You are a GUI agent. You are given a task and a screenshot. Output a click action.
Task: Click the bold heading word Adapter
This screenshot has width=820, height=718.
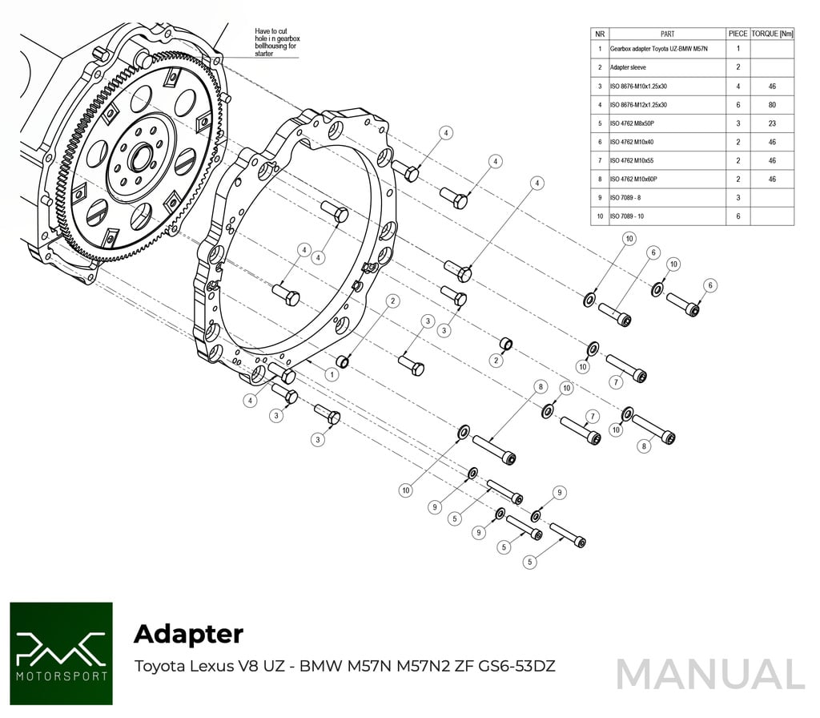click(x=188, y=634)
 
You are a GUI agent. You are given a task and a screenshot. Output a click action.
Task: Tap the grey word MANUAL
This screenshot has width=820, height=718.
click(x=710, y=674)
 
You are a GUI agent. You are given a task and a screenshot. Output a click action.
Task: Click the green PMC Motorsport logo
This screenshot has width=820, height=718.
click(x=61, y=654)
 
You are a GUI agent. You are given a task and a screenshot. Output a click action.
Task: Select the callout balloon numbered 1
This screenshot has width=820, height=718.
click(x=331, y=374)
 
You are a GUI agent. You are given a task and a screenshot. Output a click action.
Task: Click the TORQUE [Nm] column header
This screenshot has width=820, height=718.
click(x=772, y=34)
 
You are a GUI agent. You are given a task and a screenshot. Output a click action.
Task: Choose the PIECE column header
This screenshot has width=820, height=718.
click(x=738, y=34)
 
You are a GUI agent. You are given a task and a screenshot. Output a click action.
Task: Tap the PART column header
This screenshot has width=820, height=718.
click(x=667, y=34)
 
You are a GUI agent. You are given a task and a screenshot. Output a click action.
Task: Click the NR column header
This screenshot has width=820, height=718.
click(x=599, y=34)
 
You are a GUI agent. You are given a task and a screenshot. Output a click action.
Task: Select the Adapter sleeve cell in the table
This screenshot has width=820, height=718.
click(x=629, y=67)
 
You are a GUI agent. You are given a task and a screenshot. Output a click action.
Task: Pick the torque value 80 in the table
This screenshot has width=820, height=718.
click(x=772, y=104)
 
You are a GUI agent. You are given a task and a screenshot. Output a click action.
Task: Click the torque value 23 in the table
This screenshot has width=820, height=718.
click(x=772, y=123)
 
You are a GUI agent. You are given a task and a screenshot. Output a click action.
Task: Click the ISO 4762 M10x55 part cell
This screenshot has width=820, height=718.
click(x=633, y=160)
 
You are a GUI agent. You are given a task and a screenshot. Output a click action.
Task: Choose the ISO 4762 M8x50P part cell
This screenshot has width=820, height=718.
click(x=633, y=123)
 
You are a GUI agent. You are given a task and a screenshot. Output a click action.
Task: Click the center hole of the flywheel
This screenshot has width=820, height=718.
click(x=140, y=156)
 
